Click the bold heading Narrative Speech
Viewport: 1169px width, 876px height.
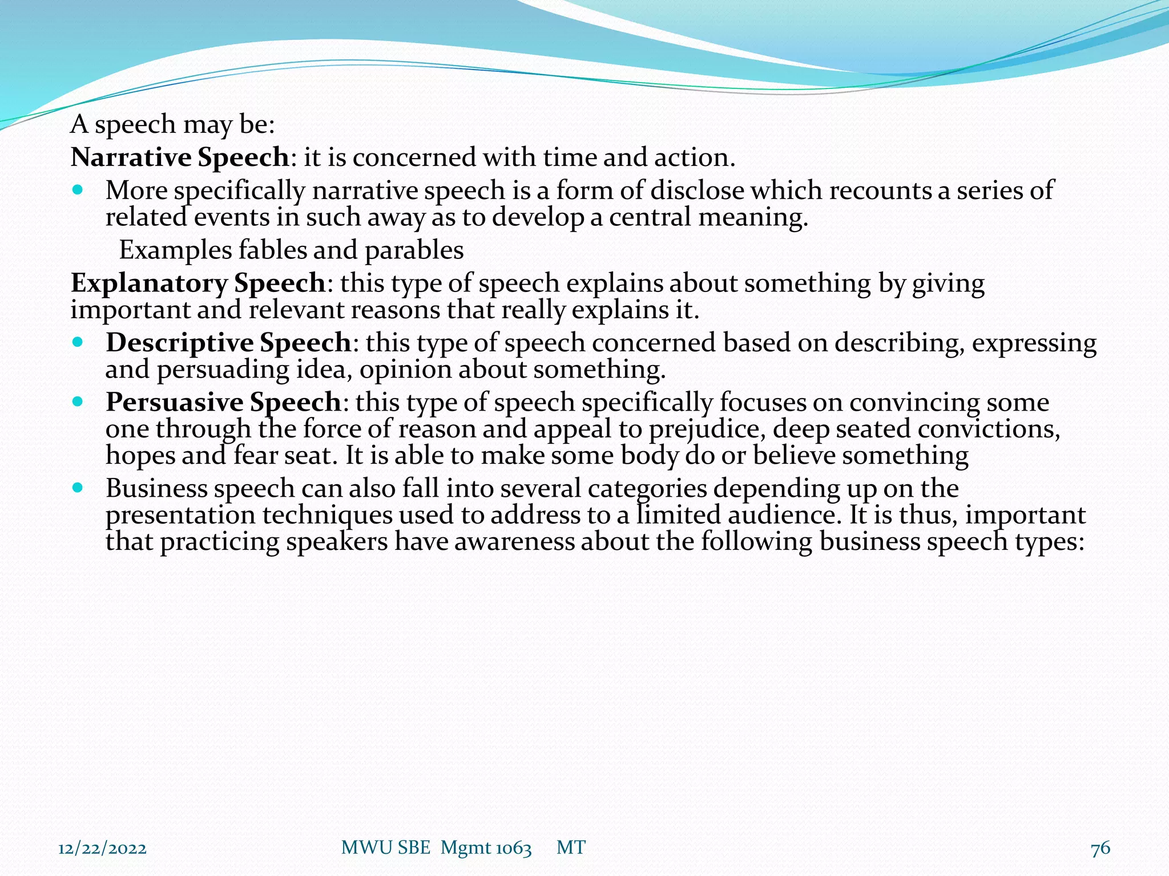click(x=180, y=157)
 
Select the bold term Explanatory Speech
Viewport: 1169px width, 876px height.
click(x=198, y=283)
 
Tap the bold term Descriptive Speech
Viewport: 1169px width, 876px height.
click(x=228, y=343)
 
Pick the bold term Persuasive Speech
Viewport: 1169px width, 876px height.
click(x=223, y=402)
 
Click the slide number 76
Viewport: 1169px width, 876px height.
click(x=1100, y=848)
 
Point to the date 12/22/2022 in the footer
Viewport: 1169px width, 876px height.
click(x=103, y=848)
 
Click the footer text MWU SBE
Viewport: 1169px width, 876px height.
click(x=385, y=848)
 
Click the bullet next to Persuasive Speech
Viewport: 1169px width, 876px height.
click(x=78, y=401)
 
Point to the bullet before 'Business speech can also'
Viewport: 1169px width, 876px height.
click(x=78, y=488)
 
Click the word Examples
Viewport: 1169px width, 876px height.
click(x=175, y=250)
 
